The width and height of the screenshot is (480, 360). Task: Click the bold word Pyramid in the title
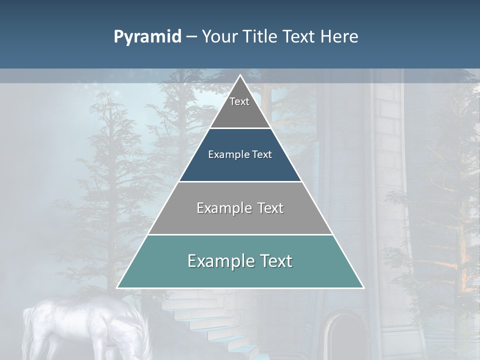[x=147, y=37]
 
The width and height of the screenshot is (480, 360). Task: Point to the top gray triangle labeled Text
[x=240, y=107]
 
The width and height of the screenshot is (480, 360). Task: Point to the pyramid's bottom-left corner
[x=117, y=288]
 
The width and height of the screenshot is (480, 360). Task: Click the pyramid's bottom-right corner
[x=363, y=288]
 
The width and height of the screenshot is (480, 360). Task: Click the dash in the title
[x=191, y=37]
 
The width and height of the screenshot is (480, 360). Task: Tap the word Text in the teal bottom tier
[x=275, y=261]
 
